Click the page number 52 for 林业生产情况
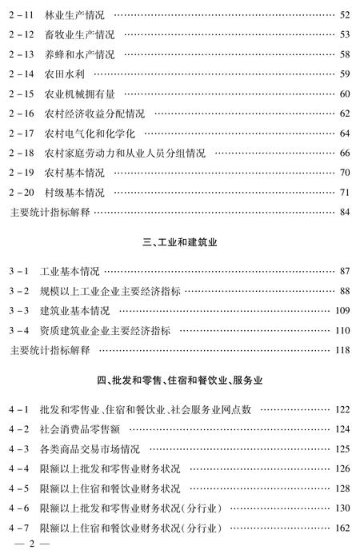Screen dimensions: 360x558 [x=345, y=14]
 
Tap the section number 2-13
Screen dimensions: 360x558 [x=22, y=54]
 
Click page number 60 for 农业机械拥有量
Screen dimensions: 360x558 [x=345, y=94]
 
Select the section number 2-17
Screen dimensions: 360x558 [x=22, y=134]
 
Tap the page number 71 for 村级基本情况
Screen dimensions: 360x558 [x=345, y=193]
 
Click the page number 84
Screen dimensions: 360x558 [x=345, y=213]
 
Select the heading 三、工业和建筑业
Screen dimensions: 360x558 [x=180, y=241]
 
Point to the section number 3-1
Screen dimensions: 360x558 [x=19, y=271]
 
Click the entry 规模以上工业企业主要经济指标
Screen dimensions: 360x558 [x=117, y=291]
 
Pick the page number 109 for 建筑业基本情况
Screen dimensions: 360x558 [x=342, y=310]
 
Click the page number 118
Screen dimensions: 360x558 [x=342, y=350]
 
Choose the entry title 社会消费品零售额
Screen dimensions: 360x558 [x=78, y=428]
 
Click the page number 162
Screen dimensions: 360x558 [x=342, y=527]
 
